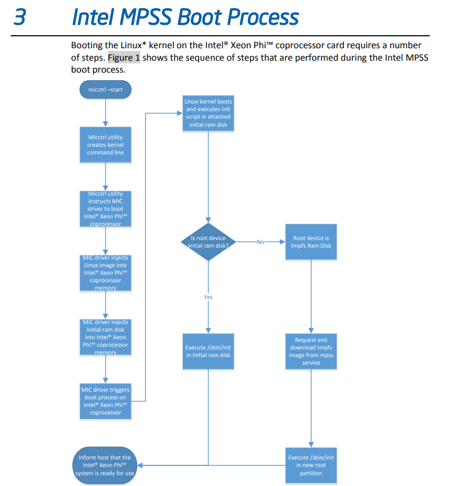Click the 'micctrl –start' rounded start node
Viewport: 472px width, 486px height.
pos(105,89)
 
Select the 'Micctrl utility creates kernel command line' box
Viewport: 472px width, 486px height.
pos(105,145)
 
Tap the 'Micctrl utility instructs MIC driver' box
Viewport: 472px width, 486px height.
pos(105,209)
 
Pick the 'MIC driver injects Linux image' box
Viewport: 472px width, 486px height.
pos(105,273)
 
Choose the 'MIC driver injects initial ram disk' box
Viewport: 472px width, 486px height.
pos(105,337)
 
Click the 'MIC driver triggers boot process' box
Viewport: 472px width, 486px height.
pos(105,401)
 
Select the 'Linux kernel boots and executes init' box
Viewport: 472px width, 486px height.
pos(208,113)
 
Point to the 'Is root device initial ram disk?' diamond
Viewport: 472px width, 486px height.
pos(208,242)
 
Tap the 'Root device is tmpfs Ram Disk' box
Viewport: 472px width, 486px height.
pos(311,242)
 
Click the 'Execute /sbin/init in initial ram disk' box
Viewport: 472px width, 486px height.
pos(208,351)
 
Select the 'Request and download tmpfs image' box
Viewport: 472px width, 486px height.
pos(311,351)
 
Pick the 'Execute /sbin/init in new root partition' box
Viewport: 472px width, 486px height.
pos(311,465)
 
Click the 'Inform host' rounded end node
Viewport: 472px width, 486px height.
pos(105,465)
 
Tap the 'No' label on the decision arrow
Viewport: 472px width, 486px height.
pos(260,242)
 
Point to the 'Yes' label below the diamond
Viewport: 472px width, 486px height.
pos(208,297)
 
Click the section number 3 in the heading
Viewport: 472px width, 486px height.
pos(20,17)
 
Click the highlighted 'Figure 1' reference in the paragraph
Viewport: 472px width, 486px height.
pos(124,58)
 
